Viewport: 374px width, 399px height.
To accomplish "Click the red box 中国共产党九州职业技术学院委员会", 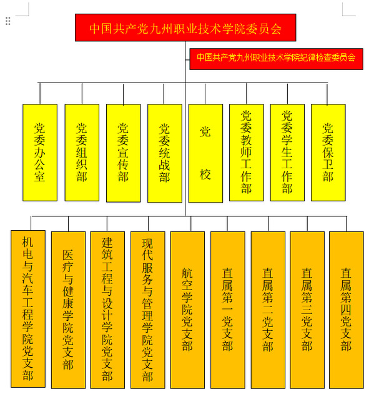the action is [185, 28].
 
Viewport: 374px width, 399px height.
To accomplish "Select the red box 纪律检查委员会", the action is [276, 59].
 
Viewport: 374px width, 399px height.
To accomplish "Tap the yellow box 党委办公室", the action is [40, 153].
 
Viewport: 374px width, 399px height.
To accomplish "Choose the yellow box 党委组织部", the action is [82, 153].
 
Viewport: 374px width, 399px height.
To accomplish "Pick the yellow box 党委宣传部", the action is [123, 153].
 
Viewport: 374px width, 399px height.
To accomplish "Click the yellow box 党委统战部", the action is [165, 153].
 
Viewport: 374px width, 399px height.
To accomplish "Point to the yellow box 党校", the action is [205, 153].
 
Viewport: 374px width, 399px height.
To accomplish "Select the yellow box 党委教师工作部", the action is [247, 153].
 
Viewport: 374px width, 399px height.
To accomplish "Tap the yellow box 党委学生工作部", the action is [287, 153].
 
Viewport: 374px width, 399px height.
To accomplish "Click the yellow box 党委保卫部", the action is [328, 153].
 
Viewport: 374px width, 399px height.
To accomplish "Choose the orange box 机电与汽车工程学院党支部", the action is [28, 309].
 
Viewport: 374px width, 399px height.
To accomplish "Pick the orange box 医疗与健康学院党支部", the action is [68, 310].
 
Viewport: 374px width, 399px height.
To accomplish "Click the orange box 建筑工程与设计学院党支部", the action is [107, 310].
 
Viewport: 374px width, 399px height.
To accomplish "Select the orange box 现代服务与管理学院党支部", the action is [147, 310].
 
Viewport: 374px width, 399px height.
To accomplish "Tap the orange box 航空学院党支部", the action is [187, 310].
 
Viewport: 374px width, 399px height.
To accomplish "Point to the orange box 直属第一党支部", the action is [228, 310].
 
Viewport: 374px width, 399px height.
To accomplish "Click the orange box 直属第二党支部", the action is [268, 310].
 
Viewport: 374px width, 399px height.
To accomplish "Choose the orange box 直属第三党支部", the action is [307, 310].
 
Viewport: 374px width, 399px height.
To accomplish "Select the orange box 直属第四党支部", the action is [347, 310].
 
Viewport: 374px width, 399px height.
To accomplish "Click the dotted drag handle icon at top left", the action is [8, 21].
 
